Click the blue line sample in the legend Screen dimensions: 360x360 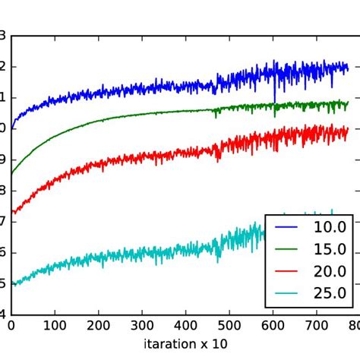tap(286, 226)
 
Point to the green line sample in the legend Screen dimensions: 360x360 tap(286, 248)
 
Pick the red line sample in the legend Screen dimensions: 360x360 tap(286, 271)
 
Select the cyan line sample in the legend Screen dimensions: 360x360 tap(286, 293)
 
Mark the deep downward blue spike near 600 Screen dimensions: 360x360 tap(274, 100)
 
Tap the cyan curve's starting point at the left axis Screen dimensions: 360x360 tap(11, 283)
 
